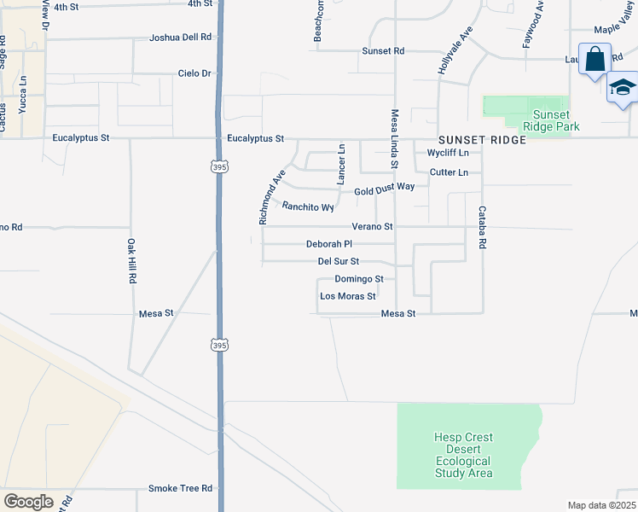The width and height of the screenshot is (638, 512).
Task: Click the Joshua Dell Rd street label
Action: tap(179, 38)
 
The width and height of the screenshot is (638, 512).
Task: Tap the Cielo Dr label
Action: tap(194, 73)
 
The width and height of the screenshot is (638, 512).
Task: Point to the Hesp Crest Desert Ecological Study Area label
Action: tap(463, 456)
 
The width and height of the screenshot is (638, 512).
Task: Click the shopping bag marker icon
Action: tap(594, 60)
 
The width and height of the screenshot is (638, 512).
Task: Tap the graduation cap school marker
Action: tap(623, 89)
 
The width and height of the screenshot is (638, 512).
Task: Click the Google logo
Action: tap(28, 502)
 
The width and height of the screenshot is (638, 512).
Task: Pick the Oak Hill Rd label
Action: tap(131, 261)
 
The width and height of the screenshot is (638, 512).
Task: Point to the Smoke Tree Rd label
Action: tap(180, 488)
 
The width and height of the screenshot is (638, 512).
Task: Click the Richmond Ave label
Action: tap(271, 199)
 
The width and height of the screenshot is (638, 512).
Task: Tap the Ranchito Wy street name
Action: tap(308, 206)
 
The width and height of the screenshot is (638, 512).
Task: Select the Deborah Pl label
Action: tap(329, 244)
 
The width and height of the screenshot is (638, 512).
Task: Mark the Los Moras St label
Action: tap(347, 296)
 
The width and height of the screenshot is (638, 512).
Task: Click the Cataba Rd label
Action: tap(483, 227)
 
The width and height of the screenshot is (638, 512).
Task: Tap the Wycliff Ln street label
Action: tap(448, 153)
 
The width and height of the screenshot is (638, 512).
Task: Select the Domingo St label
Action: tap(358, 279)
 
